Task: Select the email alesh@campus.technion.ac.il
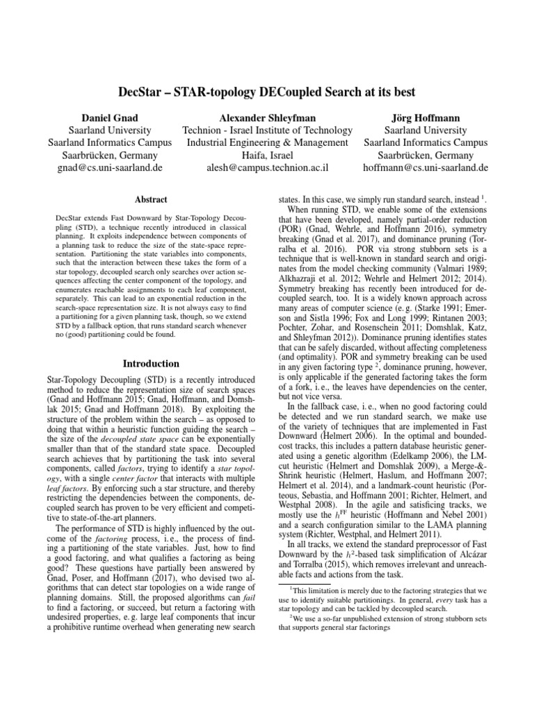click(x=268, y=167)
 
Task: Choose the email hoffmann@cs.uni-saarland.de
click(x=426, y=167)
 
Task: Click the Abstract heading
click(x=151, y=199)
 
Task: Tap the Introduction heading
click(x=151, y=364)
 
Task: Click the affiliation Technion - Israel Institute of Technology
click(x=267, y=129)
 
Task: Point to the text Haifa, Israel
click(x=268, y=155)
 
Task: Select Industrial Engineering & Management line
click(x=268, y=142)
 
